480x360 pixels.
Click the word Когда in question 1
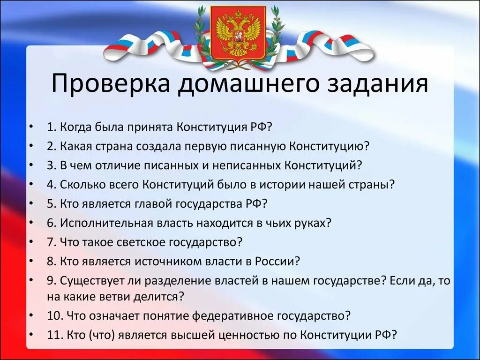(x=75, y=127)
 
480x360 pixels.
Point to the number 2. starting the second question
(x=52, y=146)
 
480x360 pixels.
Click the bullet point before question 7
(x=31, y=242)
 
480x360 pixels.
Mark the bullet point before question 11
(x=31, y=335)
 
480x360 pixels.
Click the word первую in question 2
(x=209, y=146)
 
